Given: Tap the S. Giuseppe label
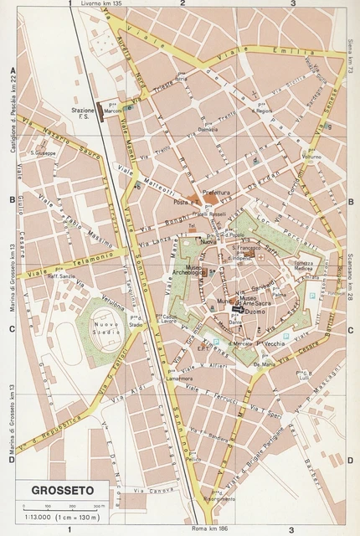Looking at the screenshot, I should pos(41,153).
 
